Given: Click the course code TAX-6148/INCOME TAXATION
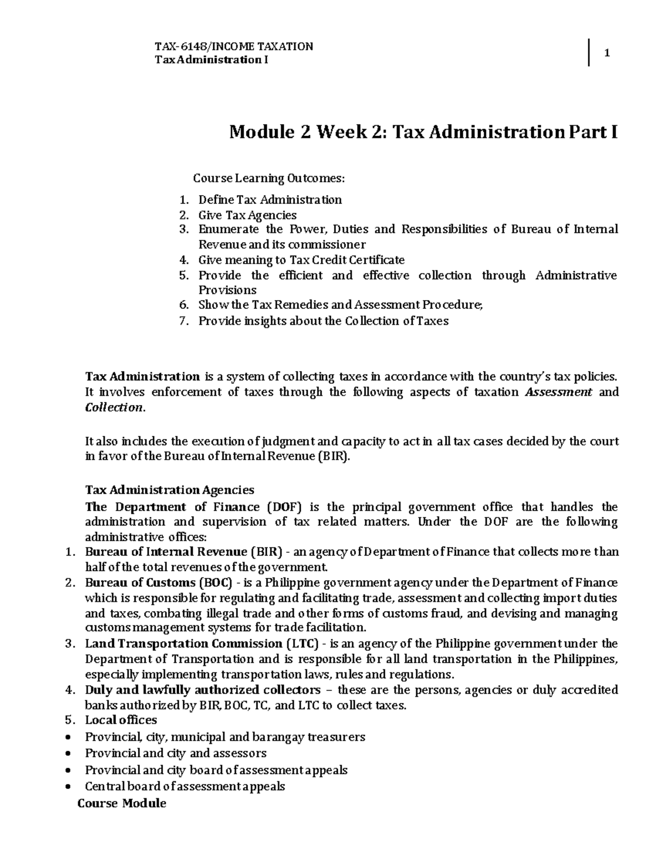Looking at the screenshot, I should pyautogui.click(x=234, y=46).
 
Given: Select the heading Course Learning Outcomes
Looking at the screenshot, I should pyautogui.click(x=269, y=178).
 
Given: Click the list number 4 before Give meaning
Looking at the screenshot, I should pyautogui.click(x=183, y=260).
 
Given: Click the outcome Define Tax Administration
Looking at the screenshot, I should pyautogui.click(x=270, y=200).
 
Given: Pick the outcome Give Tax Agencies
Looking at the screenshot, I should pyautogui.click(x=247, y=215).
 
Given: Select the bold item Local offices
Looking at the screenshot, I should pyautogui.click(x=121, y=720).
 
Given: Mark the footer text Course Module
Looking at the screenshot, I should pyautogui.click(x=121, y=804).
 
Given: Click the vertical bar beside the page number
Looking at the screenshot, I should pyautogui.click(x=589, y=52).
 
